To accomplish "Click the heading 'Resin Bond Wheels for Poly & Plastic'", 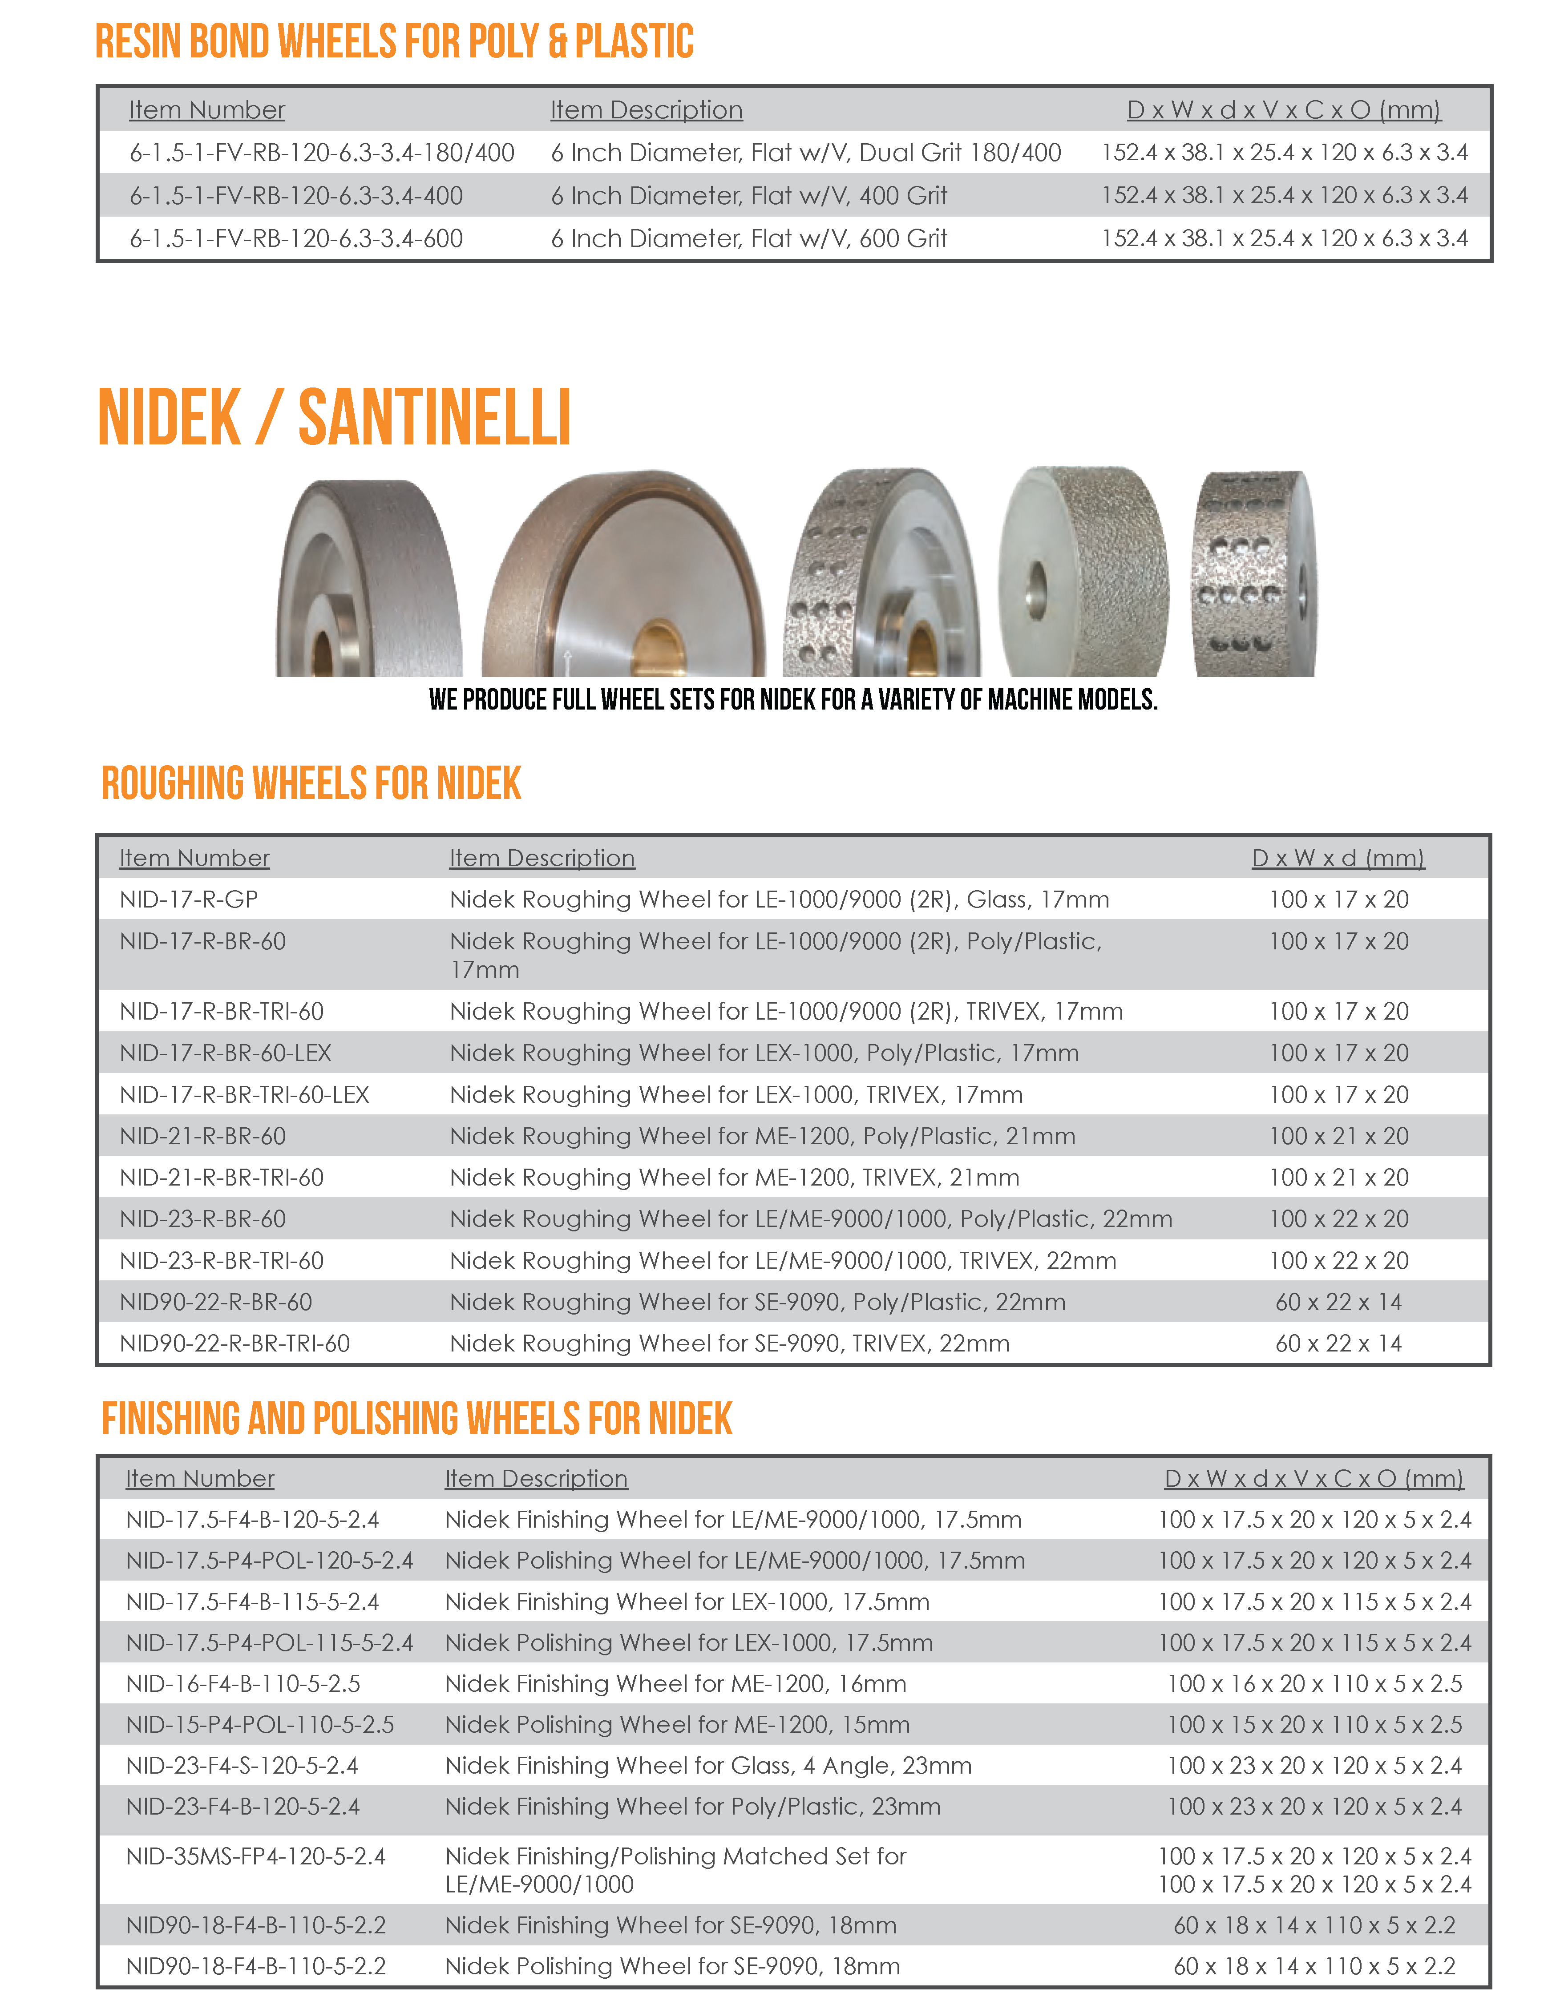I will (395, 41).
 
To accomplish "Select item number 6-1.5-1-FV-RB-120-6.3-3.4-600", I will (296, 239).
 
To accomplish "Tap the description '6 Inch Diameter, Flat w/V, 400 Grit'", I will (748, 195).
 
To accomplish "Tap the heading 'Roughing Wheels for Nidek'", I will (311, 783).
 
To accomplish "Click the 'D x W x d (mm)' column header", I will (1338, 858).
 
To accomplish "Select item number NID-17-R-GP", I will (189, 900).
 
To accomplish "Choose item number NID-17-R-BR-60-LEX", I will (226, 1053).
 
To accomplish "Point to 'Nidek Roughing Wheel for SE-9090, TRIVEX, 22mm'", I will (729, 1343).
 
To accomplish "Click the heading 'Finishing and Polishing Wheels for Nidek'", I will (416, 1419).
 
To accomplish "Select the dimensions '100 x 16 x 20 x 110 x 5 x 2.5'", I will (1314, 1684).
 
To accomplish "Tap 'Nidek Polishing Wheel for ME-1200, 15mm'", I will (677, 1724).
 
